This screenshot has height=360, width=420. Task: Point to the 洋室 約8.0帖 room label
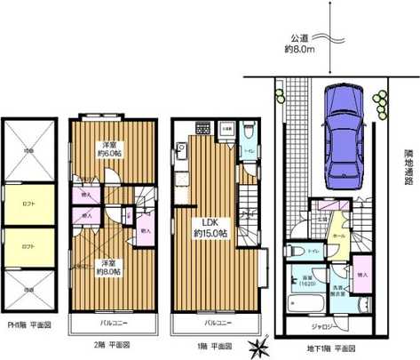click(x=107, y=267)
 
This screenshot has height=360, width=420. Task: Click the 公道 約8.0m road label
click(x=302, y=44)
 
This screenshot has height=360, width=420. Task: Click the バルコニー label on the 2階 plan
click(x=111, y=321)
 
